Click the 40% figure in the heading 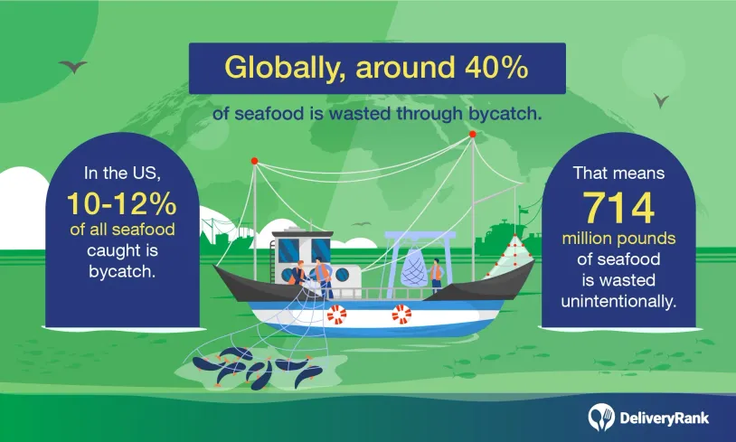click(496, 67)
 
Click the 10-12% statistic click(121, 204)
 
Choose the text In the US click(122, 174)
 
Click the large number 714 click(618, 207)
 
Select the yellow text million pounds click(618, 239)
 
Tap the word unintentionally click(618, 301)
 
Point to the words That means click(618, 174)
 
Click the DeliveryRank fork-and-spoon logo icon click(601, 417)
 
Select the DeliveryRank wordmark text click(664, 418)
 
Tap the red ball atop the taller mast click(473, 134)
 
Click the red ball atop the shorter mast click(254, 161)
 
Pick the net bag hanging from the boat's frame click(415, 268)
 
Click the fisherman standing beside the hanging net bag click(436, 276)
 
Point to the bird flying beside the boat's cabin click(361, 224)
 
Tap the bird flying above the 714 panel click(661, 100)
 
